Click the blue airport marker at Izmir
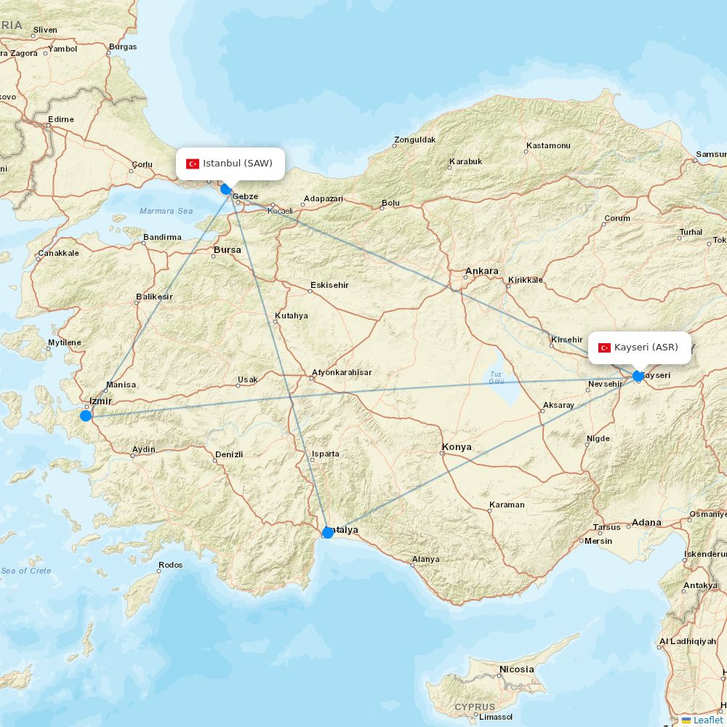(86, 416)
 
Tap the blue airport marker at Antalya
(328, 533)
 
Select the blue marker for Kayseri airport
(638, 376)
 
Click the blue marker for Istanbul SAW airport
(226, 189)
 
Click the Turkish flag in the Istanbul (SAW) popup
(193, 164)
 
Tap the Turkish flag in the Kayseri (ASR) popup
(604, 348)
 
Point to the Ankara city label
(481, 271)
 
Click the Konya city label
(457, 447)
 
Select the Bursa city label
(227, 250)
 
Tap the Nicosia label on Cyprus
(516, 669)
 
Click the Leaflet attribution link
(707, 720)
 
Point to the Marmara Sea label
(166, 211)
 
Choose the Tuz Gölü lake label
(496, 378)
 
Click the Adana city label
(646, 522)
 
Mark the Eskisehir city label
(329, 285)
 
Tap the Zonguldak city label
(414, 140)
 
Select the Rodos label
(170, 565)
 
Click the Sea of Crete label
(26, 571)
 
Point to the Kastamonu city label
(548, 145)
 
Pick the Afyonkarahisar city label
(341, 372)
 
